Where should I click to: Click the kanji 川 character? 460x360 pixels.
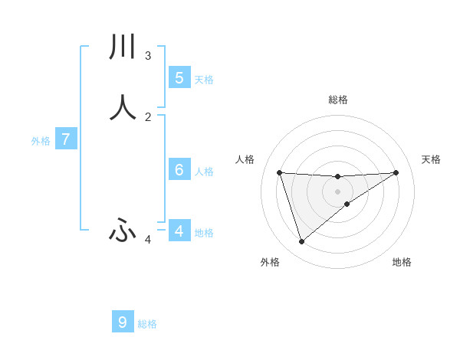tap(123, 47)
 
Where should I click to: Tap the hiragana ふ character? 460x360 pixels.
tap(123, 229)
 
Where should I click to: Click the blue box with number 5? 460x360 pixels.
tap(179, 77)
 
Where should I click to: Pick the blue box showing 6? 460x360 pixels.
tap(179, 169)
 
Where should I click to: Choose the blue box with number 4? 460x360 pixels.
tap(179, 231)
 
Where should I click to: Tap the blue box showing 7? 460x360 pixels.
tap(66, 139)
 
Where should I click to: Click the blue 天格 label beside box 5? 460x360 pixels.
tap(204, 80)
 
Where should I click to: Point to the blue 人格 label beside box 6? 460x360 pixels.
tap(204, 172)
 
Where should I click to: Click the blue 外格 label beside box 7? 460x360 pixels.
tap(41, 142)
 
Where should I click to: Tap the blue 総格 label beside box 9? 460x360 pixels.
tap(147, 325)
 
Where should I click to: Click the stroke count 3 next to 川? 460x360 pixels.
tap(148, 56)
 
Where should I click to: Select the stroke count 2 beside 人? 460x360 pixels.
tap(148, 117)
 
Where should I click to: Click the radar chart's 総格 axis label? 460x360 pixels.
tap(337, 100)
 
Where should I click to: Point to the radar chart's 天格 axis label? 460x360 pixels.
tap(432, 159)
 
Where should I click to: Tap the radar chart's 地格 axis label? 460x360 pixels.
tap(402, 262)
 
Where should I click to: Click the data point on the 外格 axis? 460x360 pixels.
tap(301, 242)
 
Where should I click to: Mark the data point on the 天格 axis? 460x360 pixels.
tap(396, 172)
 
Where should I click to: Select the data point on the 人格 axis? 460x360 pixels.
tap(279, 172)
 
